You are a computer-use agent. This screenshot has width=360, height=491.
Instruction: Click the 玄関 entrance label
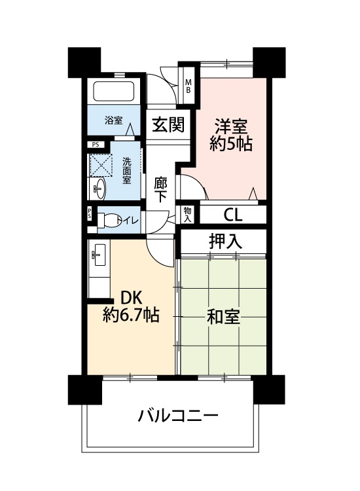pyautogui.click(x=168, y=125)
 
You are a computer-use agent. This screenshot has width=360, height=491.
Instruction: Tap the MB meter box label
pyautogui.click(x=188, y=86)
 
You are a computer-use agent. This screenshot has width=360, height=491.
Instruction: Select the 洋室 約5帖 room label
pyautogui.click(x=231, y=135)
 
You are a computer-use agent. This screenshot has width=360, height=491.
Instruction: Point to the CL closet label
pyautogui.click(x=233, y=215)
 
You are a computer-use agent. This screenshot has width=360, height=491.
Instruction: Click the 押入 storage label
pyautogui.click(x=225, y=242)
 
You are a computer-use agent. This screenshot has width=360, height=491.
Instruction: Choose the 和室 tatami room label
pyautogui.click(x=223, y=317)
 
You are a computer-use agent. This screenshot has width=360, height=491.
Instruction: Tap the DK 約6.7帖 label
pyautogui.click(x=132, y=306)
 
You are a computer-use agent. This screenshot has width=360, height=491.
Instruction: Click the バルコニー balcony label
pyautogui.click(x=178, y=416)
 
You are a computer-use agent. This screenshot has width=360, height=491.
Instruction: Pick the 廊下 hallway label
pyautogui.click(x=160, y=189)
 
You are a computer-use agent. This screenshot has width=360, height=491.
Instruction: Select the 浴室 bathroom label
pyautogui.click(x=113, y=120)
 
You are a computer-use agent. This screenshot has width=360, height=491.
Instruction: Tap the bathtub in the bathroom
pyautogui.click(x=114, y=92)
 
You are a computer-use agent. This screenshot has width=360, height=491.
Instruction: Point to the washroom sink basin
pyautogui.click(x=99, y=189)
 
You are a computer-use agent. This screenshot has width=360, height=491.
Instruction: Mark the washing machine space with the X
pyautogui.click(x=101, y=164)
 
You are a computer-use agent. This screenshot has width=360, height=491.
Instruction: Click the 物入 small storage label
pyautogui.click(x=187, y=215)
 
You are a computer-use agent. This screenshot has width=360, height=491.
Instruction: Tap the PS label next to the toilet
pyautogui.click(x=89, y=214)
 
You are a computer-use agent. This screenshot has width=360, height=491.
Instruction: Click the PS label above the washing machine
pyautogui.click(x=96, y=145)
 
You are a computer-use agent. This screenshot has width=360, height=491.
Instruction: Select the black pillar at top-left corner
pyautogui.click(x=84, y=62)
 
